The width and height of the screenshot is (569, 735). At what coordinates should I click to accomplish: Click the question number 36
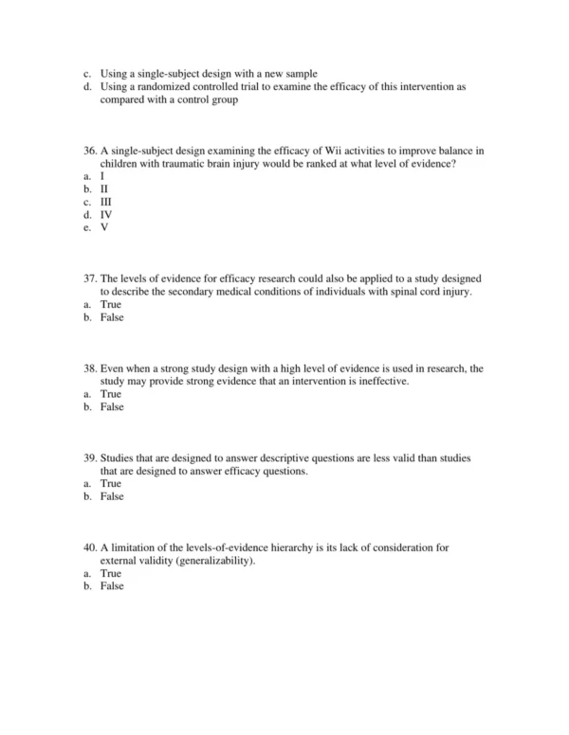point(90,151)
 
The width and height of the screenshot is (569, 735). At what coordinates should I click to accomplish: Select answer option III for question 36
point(106,202)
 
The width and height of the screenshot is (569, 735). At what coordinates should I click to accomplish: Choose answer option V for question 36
point(104,228)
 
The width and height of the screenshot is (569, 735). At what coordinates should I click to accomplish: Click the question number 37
point(90,278)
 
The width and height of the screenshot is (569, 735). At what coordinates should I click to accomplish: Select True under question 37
point(111,304)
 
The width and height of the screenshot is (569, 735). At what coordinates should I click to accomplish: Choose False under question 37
point(112,317)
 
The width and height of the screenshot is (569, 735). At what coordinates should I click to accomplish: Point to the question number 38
point(90,368)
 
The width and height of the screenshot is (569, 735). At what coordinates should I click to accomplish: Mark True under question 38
point(111,394)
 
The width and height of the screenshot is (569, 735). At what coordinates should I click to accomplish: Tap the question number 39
point(90,458)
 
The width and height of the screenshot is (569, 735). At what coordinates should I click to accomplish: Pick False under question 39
point(112,496)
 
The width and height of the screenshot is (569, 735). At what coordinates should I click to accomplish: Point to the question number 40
point(90,547)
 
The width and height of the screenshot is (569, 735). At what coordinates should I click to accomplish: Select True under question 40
point(111,573)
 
